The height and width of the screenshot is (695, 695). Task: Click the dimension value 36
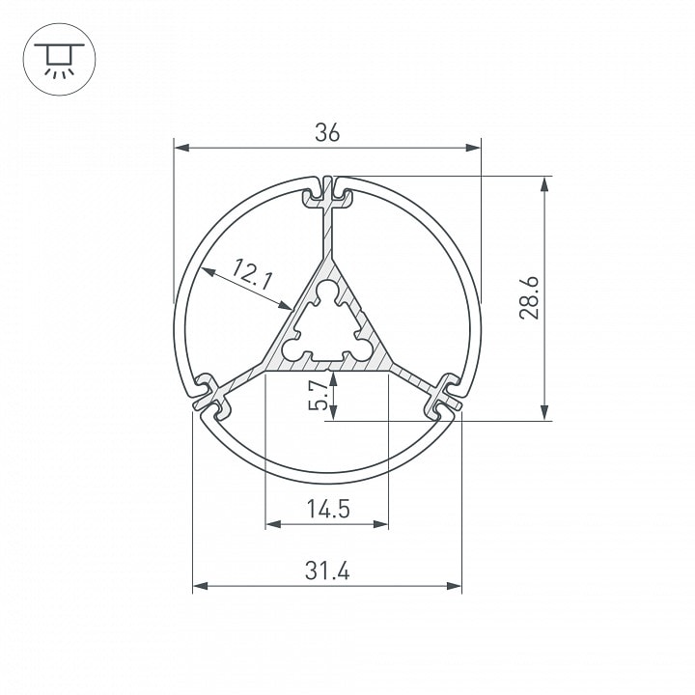tap(327, 132)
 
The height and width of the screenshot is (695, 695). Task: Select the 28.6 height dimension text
tap(529, 297)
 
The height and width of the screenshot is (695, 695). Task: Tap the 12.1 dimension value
tap(252, 275)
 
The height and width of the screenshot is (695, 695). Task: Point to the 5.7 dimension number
tap(319, 397)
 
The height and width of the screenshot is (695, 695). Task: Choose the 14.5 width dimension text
tap(328, 509)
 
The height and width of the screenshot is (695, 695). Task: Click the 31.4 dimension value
tap(327, 570)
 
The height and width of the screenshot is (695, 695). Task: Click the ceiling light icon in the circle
tap(60, 59)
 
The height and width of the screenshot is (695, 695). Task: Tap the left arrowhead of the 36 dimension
tap(181, 147)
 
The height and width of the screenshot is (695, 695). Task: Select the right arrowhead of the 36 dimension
tap(473, 147)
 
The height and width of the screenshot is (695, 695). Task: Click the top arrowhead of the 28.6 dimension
tap(544, 184)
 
